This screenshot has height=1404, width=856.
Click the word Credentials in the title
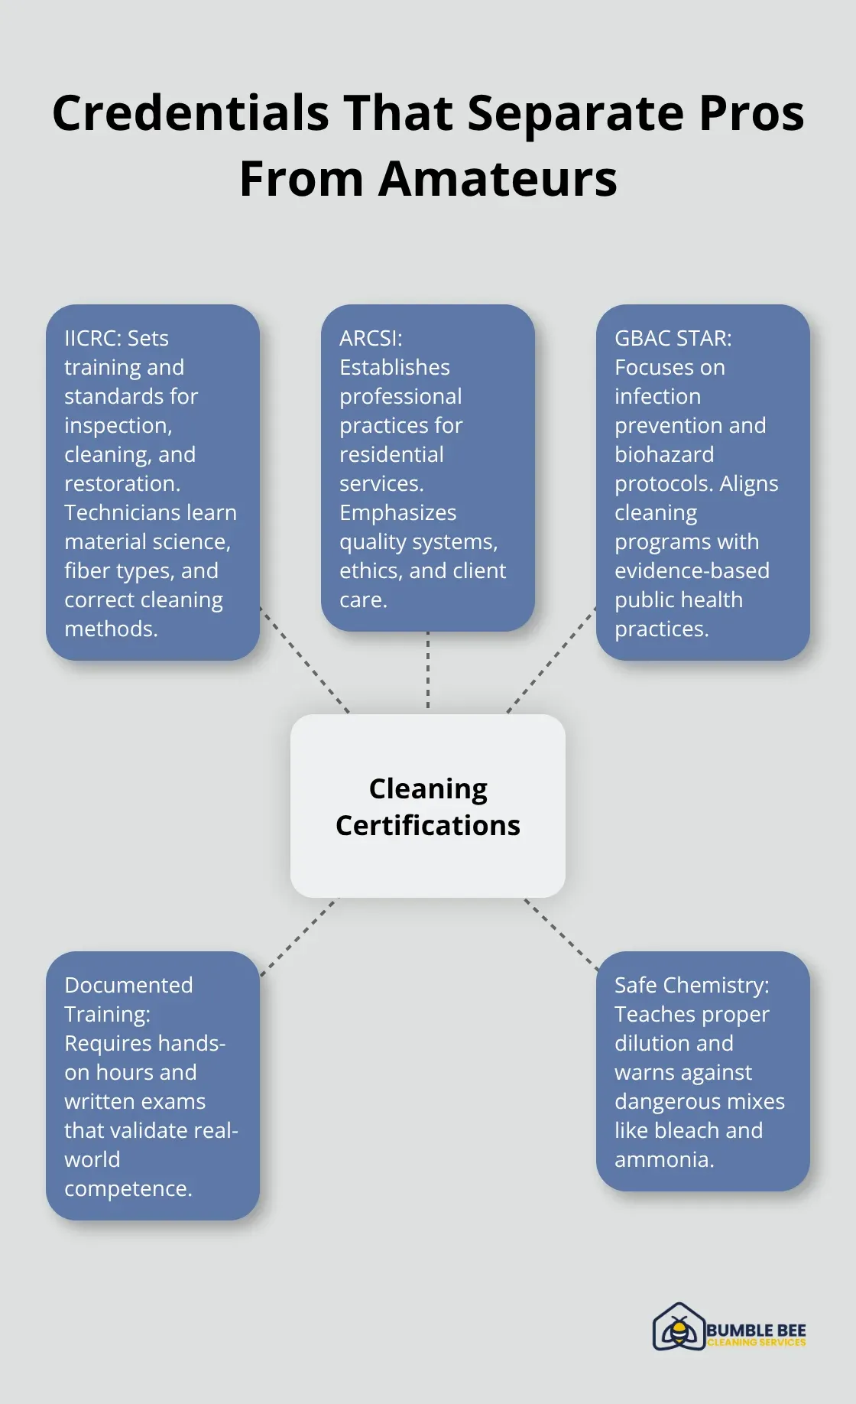tap(190, 113)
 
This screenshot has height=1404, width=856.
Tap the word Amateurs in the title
tap(498, 179)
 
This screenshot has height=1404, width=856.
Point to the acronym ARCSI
tap(370, 338)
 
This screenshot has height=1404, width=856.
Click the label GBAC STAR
tap(673, 338)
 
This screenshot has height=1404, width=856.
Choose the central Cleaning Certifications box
tap(428, 806)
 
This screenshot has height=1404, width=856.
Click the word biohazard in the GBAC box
tap(664, 454)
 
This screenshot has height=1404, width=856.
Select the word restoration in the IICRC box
tap(122, 483)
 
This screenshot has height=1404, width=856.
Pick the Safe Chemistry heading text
tap(692, 985)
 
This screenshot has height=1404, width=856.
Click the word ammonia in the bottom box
tap(663, 1159)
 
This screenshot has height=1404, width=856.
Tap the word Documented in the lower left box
tap(128, 985)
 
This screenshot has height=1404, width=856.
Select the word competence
tap(128, 1188)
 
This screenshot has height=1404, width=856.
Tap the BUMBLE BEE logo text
tap(756, 1331)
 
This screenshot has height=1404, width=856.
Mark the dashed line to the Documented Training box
tap(298, 938)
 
